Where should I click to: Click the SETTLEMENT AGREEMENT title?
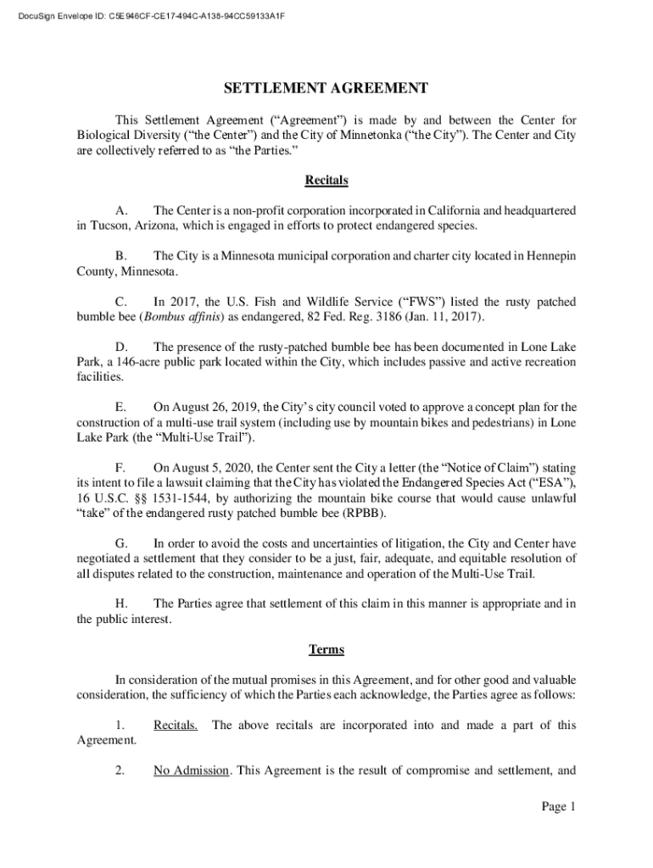click(326, 89)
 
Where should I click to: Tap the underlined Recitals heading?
click(326, 181)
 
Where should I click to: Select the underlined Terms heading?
click(326, 650)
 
